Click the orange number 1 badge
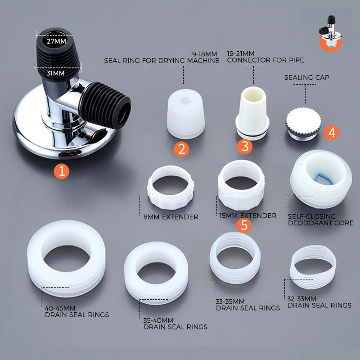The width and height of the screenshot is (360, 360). click(x=62, y=171)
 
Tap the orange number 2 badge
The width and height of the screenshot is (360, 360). click(x=181, y=149)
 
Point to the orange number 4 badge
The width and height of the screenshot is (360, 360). click(x=332, y=132)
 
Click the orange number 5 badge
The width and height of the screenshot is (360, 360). click(x=244, y=225)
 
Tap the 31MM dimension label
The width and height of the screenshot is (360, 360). click(x=56, y=72)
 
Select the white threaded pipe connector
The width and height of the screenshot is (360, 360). click(x=252, y=112)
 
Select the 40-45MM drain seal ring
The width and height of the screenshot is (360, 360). click(x=66, y=258)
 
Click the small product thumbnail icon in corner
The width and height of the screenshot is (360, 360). click(x=330, y=34)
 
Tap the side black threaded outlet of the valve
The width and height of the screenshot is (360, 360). click(x=108, y=105)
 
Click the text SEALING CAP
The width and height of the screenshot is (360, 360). click(x=306, y=77)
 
